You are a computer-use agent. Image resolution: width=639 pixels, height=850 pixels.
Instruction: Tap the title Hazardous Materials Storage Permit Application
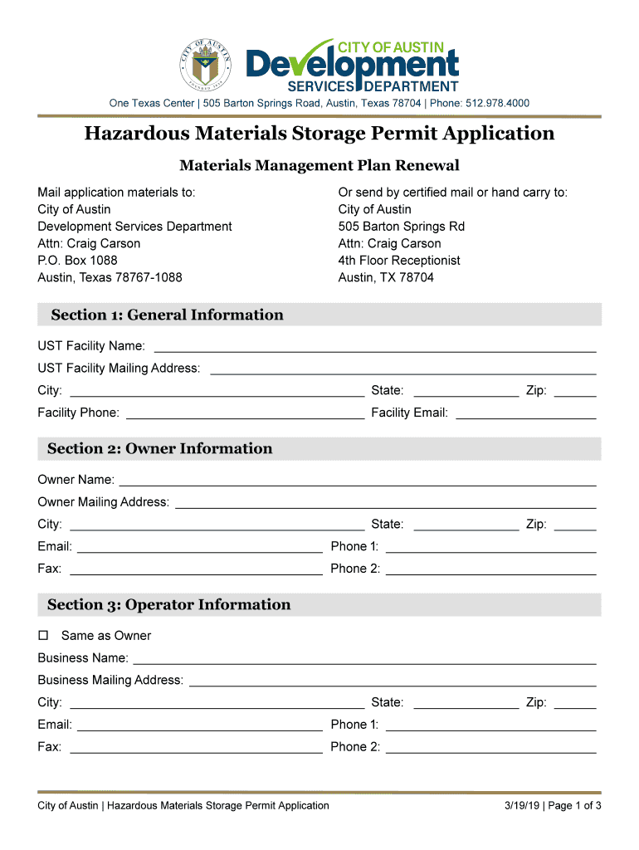tap(319, 134)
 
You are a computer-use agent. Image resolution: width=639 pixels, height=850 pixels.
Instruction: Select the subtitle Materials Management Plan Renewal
tap(319, 165)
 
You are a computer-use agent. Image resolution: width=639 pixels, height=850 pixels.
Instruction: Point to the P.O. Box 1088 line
tap(77, 260)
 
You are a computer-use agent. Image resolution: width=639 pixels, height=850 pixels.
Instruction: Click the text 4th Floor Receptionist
tap(399, 260)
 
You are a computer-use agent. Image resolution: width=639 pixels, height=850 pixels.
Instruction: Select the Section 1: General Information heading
tap(167, 315)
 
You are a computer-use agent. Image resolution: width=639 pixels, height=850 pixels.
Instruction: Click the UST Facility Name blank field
tap(375, 347)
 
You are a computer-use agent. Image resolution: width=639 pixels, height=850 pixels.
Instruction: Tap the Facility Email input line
tap(525, 414)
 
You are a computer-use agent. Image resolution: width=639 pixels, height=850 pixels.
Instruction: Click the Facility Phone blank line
tap(244, 414)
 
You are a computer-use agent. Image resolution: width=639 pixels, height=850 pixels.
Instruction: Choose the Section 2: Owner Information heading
tap(159, 448)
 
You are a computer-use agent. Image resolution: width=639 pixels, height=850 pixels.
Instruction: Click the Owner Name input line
tap(358, 481)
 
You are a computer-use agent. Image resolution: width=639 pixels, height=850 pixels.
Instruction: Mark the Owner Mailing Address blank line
tap(385, 504)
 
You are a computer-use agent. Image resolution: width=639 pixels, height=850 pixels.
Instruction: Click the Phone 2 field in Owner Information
tap(490, 570)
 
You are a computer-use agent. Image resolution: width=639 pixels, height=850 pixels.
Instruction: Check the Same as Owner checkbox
tap(44, 636)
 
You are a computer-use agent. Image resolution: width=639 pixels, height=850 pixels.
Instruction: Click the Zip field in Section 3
tap(574, 704)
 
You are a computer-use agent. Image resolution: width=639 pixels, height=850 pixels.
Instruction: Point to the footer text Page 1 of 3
tap(573, 805)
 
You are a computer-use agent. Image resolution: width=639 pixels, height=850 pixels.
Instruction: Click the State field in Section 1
tap(465, 392)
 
